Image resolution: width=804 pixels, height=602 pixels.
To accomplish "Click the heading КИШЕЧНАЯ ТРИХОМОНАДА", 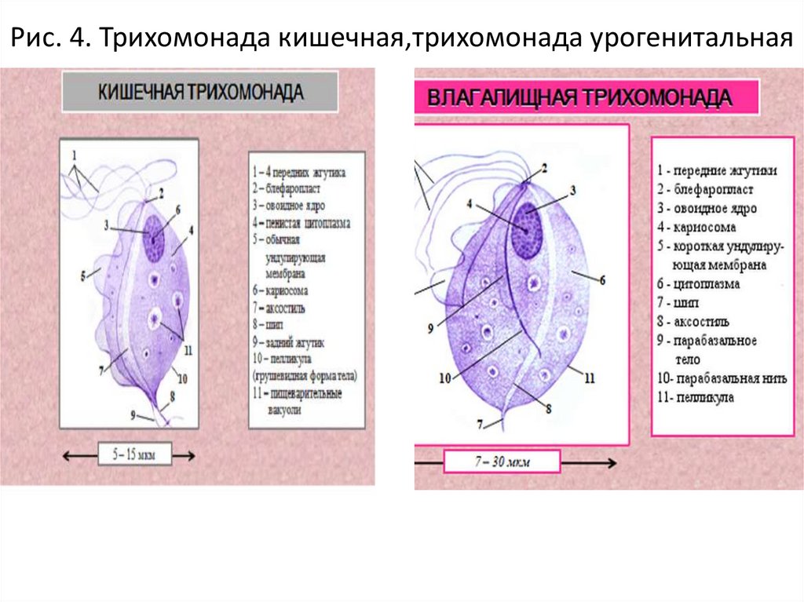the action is [x=199, y=92].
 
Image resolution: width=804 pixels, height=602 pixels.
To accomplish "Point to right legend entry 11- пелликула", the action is [x=696, y=398].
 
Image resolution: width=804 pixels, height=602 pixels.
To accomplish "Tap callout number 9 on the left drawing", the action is [x=133, y=414].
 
